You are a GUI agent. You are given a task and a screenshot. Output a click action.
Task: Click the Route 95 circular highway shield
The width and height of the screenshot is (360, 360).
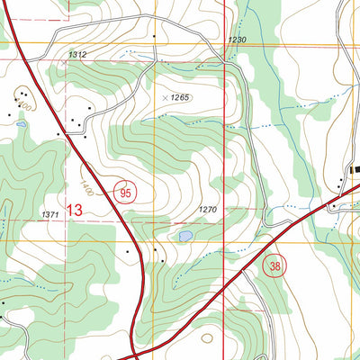pyautogui.click(x=125, y=190)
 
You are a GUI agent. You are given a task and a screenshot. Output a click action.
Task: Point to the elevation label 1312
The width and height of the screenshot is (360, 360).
pyautogui.click(x=78, y=56)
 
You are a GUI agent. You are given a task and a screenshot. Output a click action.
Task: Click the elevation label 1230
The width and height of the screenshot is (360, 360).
pyautogui.click(x=237, y=41)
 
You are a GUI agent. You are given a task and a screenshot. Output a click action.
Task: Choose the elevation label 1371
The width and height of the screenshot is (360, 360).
pyautogui.click(x=52, y=214)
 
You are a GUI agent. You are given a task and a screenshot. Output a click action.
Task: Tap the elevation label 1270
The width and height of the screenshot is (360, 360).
pyautogui.click(x=208, y=210)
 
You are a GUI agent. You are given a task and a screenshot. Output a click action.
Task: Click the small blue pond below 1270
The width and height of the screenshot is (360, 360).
pyautogui.click(x=184, y=236)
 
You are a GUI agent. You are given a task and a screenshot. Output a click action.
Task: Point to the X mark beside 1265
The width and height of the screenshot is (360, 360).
pyautogui.click(x=164, y=95)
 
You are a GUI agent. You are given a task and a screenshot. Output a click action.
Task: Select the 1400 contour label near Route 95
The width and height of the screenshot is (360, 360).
pyautogui.click(x=86, y=187)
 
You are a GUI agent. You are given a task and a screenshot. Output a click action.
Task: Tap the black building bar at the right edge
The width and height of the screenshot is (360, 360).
pyautogui.click(x=355, y=170)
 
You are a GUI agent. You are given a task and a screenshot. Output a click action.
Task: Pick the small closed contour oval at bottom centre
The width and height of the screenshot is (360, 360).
pyautogui.click(x=208, y=339)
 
